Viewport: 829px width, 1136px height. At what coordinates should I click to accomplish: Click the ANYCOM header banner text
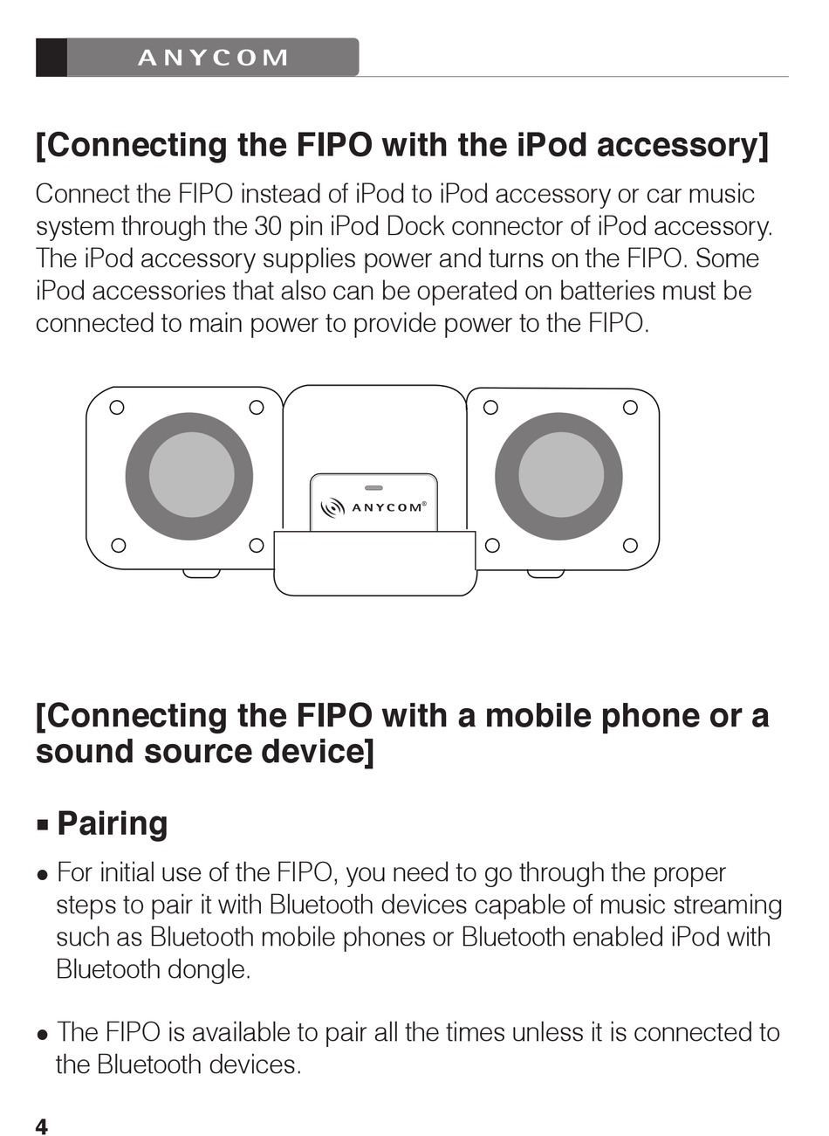pos(213,58)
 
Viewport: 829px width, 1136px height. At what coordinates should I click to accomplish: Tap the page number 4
pos(42,1126)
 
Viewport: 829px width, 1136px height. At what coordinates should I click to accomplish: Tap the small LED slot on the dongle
pos(373,487)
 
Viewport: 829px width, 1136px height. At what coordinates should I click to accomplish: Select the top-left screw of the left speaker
pos(116,407)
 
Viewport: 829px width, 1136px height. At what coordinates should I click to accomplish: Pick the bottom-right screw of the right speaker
pos(630,546)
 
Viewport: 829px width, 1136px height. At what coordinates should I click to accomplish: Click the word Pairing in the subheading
pos(112,823)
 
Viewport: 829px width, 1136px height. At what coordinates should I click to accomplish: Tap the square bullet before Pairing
pos(42,825)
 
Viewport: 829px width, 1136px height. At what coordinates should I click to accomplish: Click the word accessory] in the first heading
pos(682,145)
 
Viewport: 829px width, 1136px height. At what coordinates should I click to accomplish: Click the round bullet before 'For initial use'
pos(42,874)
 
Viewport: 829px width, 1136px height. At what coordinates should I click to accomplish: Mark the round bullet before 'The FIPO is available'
pos(42,1035)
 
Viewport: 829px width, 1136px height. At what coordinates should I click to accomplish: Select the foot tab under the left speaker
pos(202,574)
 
